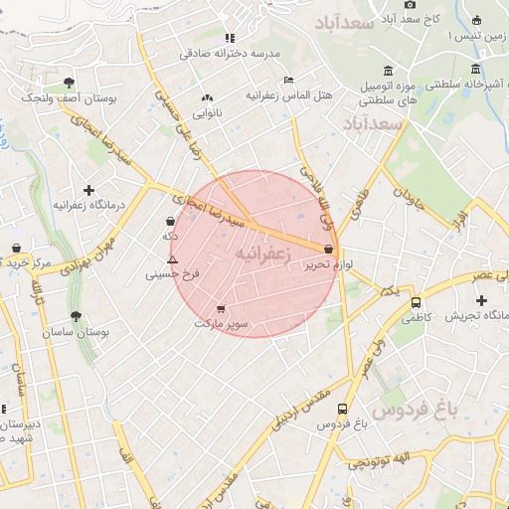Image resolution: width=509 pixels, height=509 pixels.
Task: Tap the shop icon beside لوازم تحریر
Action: [x=329, y=248]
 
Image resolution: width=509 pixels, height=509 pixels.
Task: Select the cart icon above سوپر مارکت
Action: [x=221, y=308]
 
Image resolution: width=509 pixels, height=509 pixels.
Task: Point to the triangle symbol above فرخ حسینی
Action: [x=172, y=258]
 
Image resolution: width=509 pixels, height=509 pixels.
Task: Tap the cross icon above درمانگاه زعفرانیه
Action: [x=89, y=189]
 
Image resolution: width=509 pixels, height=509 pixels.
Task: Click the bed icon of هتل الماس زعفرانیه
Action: [x=289, y=80]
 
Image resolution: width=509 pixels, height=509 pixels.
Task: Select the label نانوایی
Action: [x=207, y=113]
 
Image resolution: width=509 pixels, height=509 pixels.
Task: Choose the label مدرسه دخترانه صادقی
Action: [x=231, y=54]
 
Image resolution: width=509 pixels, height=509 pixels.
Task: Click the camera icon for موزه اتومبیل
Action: [x=387, y=71]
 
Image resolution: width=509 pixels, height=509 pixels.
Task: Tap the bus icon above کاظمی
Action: [x=416, y=302]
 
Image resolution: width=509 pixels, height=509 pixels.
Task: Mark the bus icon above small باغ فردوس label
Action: [x=343, y=409]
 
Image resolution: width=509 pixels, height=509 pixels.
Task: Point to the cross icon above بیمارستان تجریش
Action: [x=482, y=299]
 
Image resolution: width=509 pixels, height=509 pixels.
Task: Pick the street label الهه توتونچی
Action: [x=388, y=459]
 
